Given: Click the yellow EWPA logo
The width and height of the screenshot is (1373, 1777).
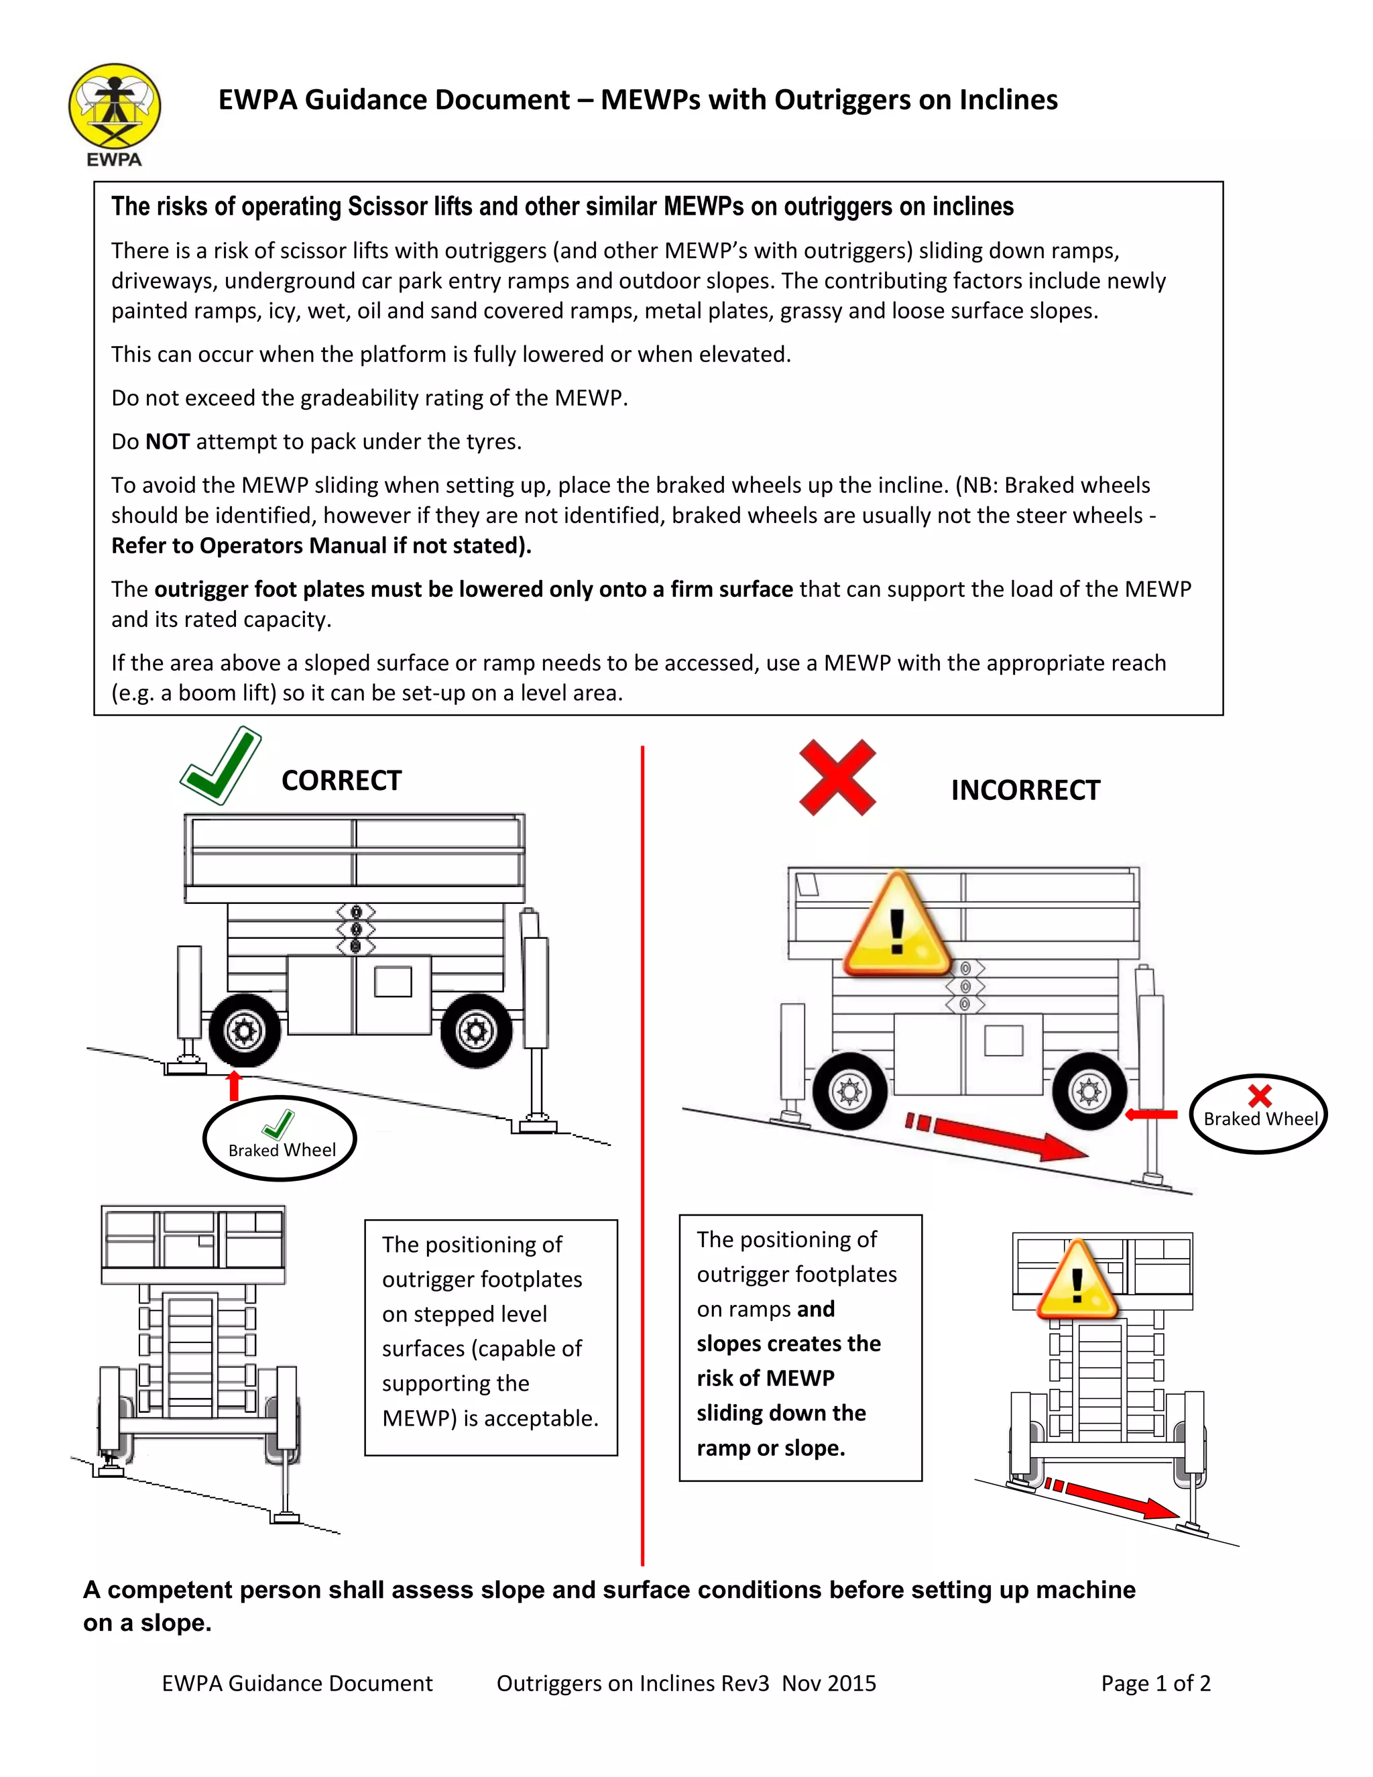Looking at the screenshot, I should coord(115,107).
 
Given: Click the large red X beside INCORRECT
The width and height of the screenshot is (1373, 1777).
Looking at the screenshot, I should coord(837,777).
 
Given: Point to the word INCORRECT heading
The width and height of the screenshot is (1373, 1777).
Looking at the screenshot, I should coord(1025,790).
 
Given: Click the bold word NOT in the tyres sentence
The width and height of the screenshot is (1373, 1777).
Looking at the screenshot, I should coord(168,442).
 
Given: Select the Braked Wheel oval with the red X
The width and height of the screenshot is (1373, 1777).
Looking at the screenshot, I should coord(1258,1113).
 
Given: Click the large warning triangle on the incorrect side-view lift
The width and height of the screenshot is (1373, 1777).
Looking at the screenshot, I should coord(897,927).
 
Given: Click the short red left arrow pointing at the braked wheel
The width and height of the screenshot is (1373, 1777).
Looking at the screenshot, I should coord(1151,1114).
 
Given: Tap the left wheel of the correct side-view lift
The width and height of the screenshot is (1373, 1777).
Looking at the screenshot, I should coord(244,1031).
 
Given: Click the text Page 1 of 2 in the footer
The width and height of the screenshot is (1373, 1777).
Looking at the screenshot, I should coord(1155,1683).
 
